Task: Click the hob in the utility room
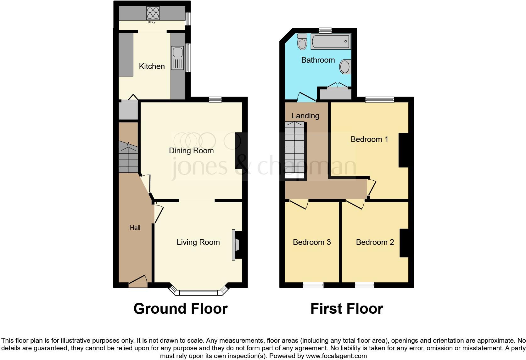(x=153, y=13)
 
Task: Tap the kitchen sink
(x=177, y=58)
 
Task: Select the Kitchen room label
(x=152, y=66)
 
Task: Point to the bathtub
(x=330, y=42)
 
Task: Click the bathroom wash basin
(x=345, y=67)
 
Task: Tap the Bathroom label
(x=318, y=60)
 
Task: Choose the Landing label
(x=305, y=115)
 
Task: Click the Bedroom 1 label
(x=369, y=139)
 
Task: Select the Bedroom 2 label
(x=375, y=242)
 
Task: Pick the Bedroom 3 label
(x=311, y=242)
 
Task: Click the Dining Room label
(x=191, y=150)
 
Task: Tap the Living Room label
(x=198, y=242)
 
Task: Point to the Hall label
(x=135, y=228)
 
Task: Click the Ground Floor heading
(x=180, y=309)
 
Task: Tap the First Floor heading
(x=346, y=309)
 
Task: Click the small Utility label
(x=151, y=22)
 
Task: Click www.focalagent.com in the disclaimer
(x=336, y=356)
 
